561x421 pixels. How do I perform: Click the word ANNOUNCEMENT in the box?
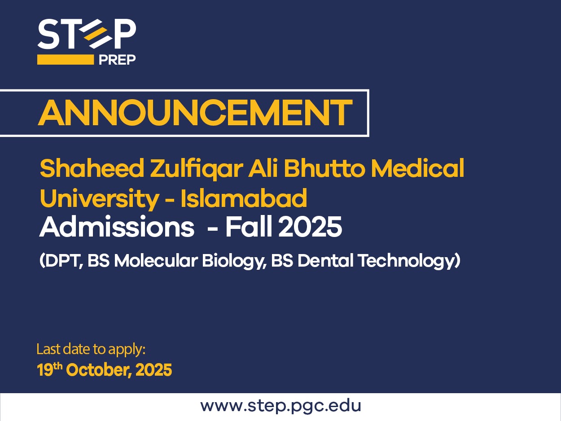point(195,113)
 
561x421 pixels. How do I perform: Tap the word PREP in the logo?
point(117,60)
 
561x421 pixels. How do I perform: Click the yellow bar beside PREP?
point(66,60)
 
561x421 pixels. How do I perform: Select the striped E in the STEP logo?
point(95,34)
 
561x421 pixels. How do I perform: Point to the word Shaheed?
point(92,168)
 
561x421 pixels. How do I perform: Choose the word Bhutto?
point(324,168)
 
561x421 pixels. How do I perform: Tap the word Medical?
point(417,168)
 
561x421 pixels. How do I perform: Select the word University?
point(100,199)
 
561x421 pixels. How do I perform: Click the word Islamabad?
point(244,198)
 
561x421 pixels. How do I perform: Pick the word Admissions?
point(117,227)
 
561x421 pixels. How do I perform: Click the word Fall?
point(248,227)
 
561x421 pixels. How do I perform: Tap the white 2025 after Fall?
point(310,227)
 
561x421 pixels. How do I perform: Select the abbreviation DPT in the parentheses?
point(64,261)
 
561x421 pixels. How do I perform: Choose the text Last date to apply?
point(91,350)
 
